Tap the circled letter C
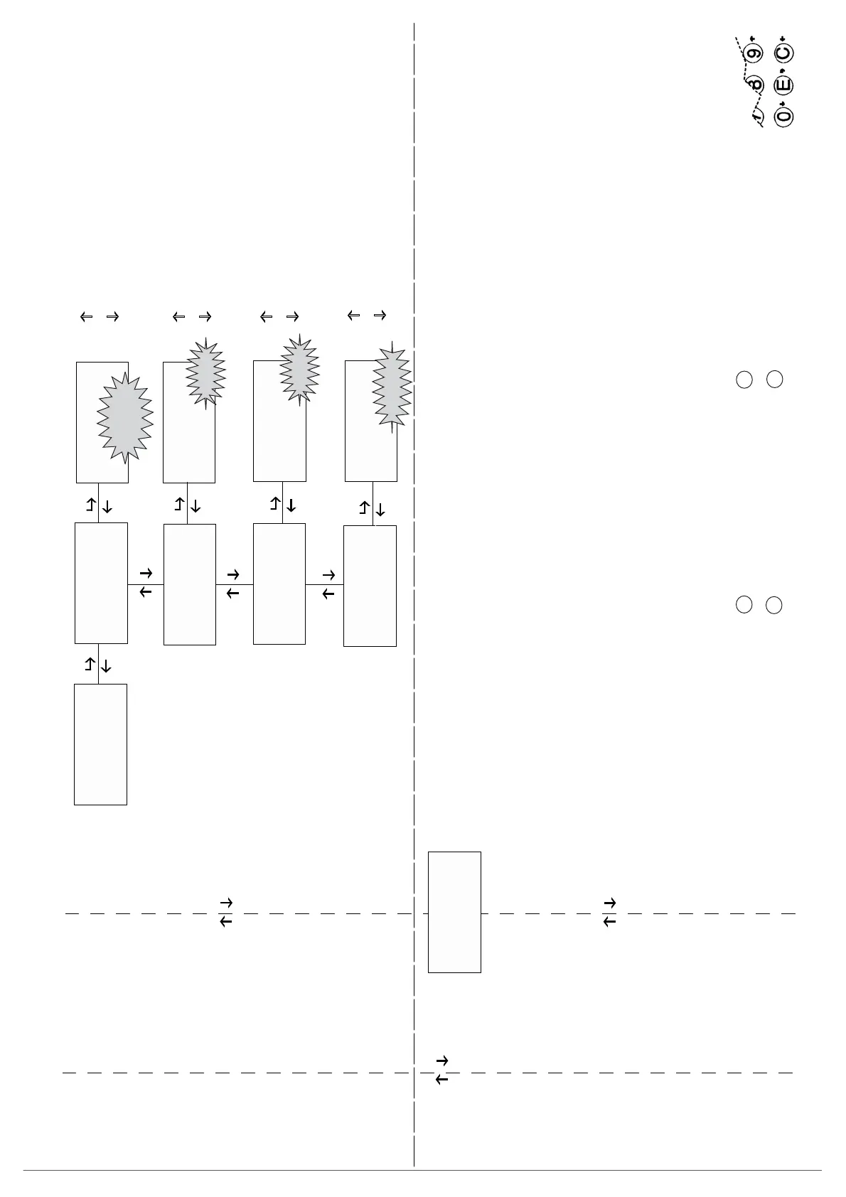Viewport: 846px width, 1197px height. click(x=784, y=53)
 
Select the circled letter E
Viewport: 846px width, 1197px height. click(x=784, y=85)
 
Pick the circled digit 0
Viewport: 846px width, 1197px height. click(x=784, y=115)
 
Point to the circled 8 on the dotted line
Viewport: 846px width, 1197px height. click(x=755, y=84)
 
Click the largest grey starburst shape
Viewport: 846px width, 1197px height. click(x=124, y=417)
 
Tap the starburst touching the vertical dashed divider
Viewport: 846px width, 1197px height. click(x=392, y=387)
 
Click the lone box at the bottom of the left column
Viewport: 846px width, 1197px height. click(x=100, y=744)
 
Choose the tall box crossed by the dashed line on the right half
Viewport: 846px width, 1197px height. click(x=454, y=911)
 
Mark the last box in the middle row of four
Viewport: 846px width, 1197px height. click(x=370, y=586)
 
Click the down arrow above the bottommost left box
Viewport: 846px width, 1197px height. click(x=107, y=665)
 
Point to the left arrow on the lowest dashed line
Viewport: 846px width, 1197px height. click(x=441, y=1080)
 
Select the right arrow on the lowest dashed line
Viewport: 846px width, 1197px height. click(x=441, y=1061)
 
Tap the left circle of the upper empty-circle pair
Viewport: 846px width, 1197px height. click(x=744, y=380)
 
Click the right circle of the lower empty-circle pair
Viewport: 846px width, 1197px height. click(x=774, y=606)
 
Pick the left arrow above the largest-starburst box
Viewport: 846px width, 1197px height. click(x=86, y=317)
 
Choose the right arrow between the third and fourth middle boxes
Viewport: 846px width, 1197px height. click(x=328, y=574)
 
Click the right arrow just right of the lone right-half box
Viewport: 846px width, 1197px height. click(x=609, y=903)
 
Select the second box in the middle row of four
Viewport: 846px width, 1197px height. click(x=190, y=584)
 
